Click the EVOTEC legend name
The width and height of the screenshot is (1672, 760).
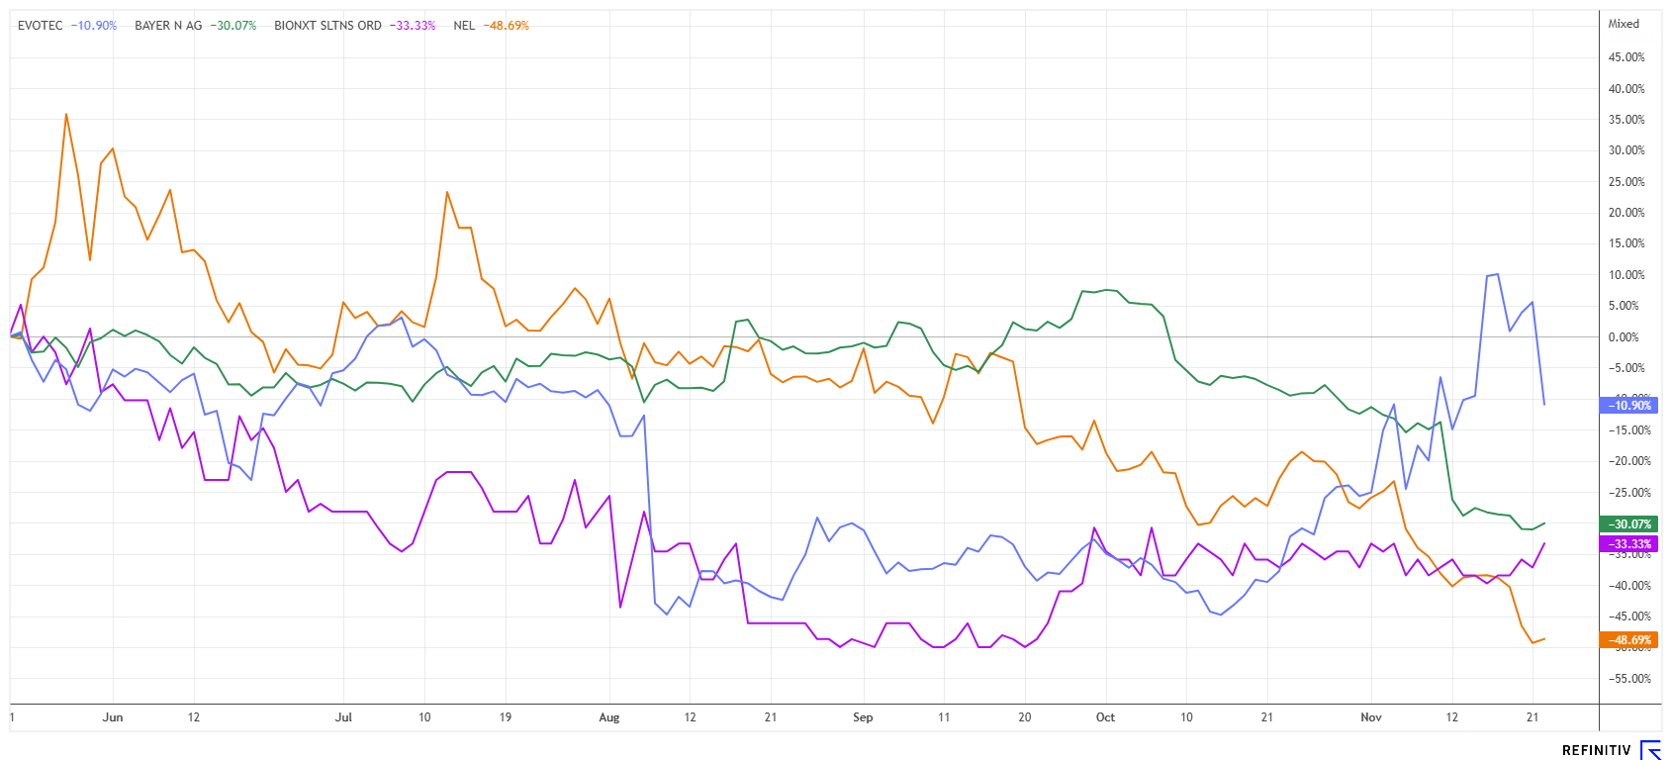(x=41, y=26)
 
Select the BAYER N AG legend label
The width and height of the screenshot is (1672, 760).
(x=168, y=26)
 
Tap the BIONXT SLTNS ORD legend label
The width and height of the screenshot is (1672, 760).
(x=327, y=26)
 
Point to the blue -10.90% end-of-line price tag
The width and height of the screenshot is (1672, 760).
(x=1628, y=406)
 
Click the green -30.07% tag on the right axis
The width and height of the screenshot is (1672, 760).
(x=1628, y=524)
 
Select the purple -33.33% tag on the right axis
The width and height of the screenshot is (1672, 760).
(x=1628, y=544)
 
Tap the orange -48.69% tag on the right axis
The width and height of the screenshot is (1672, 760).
(x=1628, y=640)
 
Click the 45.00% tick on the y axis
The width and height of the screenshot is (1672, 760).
(x=1626, y=57)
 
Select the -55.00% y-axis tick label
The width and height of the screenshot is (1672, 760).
(x=1626, y=679)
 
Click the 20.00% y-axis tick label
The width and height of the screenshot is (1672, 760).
(x=1626, y=213)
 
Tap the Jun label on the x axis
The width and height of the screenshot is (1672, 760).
(x=113, y=717)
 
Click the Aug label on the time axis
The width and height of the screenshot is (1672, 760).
(x=609, y=717)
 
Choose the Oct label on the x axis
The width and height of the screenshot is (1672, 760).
(x=1105, y=717)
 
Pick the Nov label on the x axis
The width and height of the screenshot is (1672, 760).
(x=1370, y=717)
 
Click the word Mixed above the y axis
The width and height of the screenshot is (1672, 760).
(x=1624, y=24)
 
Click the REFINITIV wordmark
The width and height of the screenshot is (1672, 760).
(x=1596, y=750)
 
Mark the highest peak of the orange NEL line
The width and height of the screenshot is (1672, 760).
(x=66, y=114)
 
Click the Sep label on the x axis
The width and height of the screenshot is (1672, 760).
(x=863, y=717)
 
